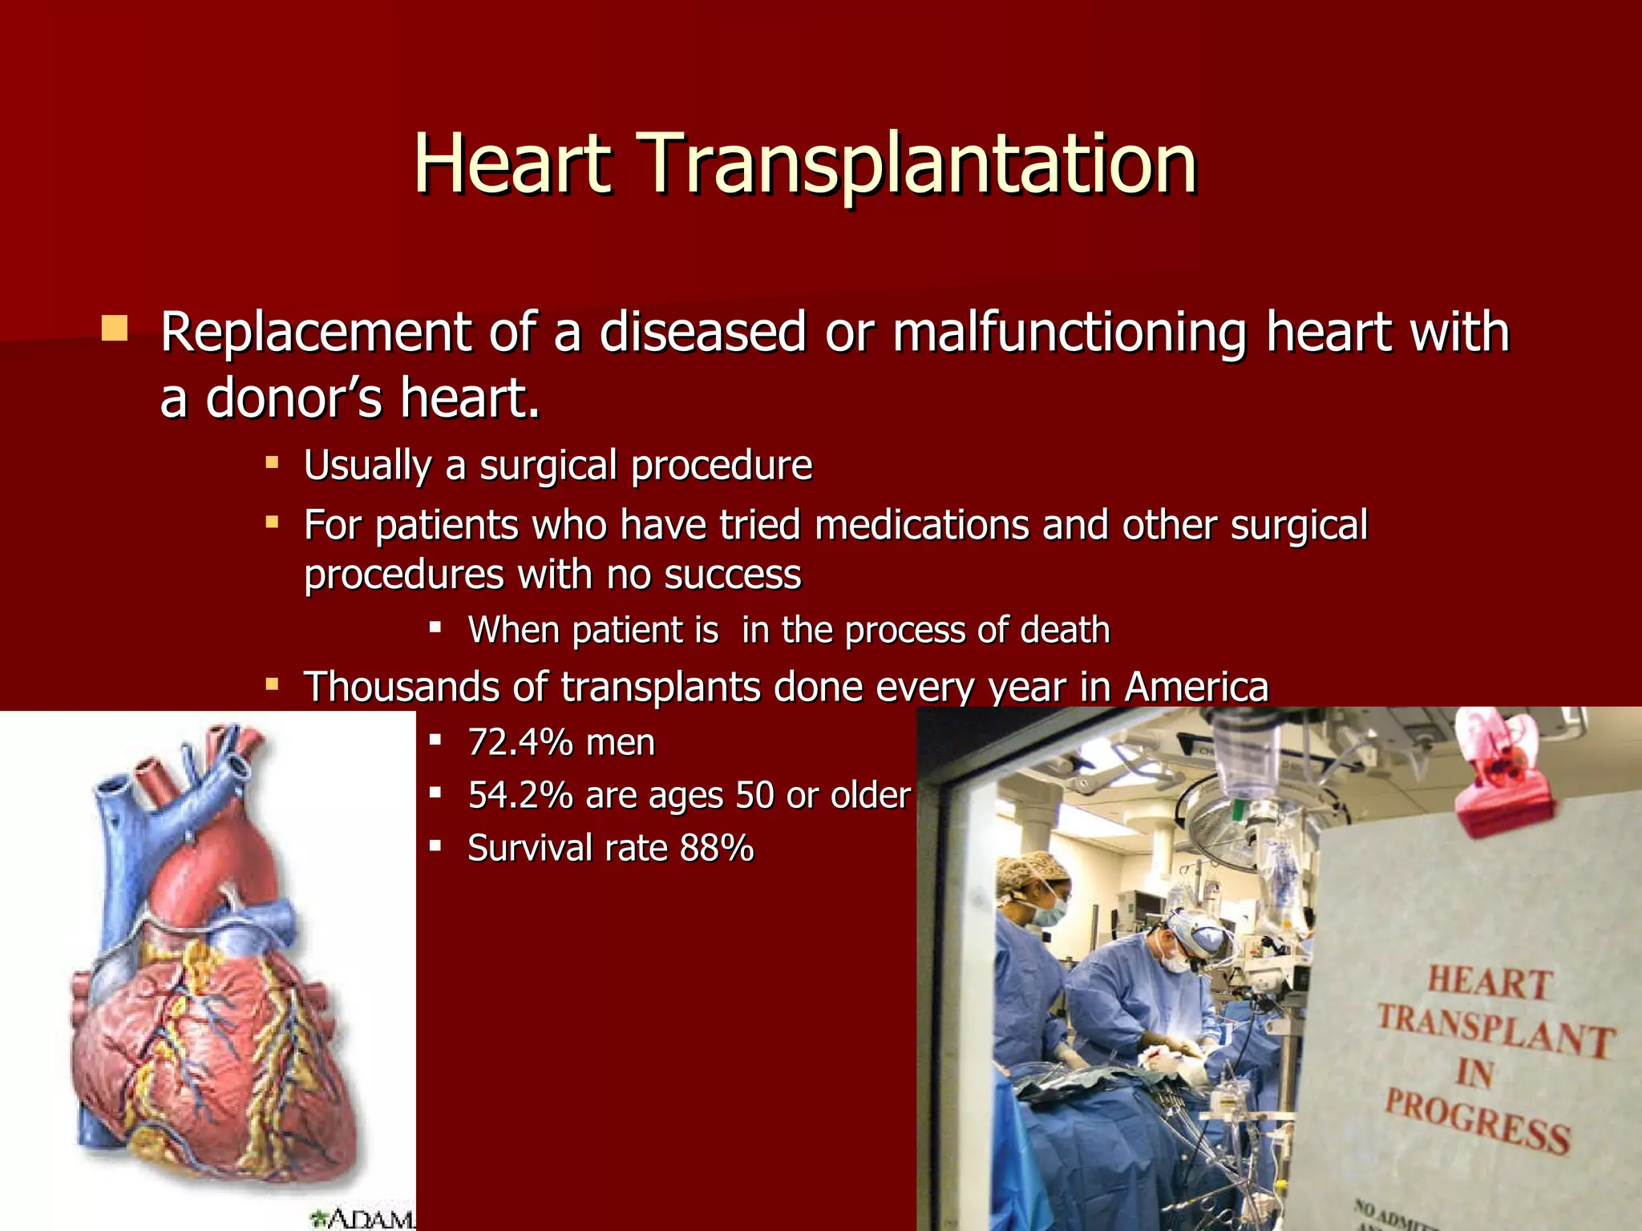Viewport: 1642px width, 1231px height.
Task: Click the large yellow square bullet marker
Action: click(x=115, y=329)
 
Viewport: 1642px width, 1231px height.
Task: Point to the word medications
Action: click(x=921, y=526)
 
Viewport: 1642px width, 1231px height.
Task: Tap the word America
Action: click(x=1196, y=688)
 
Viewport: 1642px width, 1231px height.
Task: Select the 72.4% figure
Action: click(x=520, y=743)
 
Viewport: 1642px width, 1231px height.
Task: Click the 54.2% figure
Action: click(x=520, y=796)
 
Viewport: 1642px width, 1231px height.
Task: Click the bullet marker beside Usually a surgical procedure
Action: click(x=273, y=463)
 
